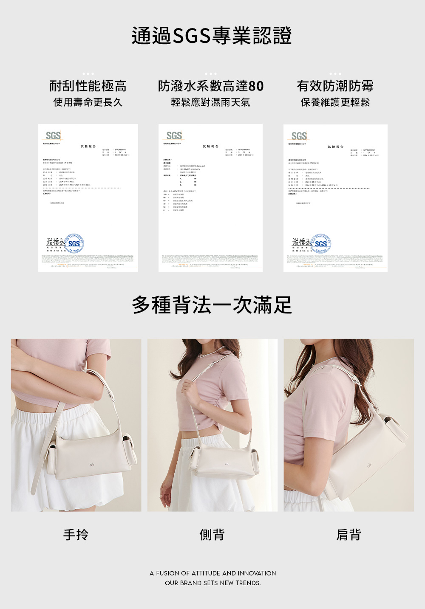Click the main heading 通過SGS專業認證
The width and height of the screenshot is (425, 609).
click(212, 36)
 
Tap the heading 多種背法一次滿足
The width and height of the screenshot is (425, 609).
click(212, 305)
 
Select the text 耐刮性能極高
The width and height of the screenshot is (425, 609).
click(88, 86)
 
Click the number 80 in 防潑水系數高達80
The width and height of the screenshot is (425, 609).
click(256, 86)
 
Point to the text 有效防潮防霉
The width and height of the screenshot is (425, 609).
click(335, 86)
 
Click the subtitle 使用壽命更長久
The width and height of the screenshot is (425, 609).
click(88, 102)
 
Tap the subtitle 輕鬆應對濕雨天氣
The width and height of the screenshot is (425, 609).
click(210, 102)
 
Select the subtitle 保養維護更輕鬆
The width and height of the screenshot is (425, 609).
click(335, 102)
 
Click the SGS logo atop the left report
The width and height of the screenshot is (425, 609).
click(53, 135)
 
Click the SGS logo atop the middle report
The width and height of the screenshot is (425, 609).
click(174, 135)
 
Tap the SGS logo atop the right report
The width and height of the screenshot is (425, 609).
click(299, 136)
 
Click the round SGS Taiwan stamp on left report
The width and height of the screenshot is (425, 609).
click(74, 243)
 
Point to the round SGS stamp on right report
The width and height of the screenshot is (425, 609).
click(321, 243)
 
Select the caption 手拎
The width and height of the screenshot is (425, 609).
click(76, 535)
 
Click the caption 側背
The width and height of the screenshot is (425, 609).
click(212, 535)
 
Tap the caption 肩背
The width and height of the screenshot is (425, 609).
click(348, 535)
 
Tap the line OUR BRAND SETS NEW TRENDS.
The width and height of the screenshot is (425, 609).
click(212, 583)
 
